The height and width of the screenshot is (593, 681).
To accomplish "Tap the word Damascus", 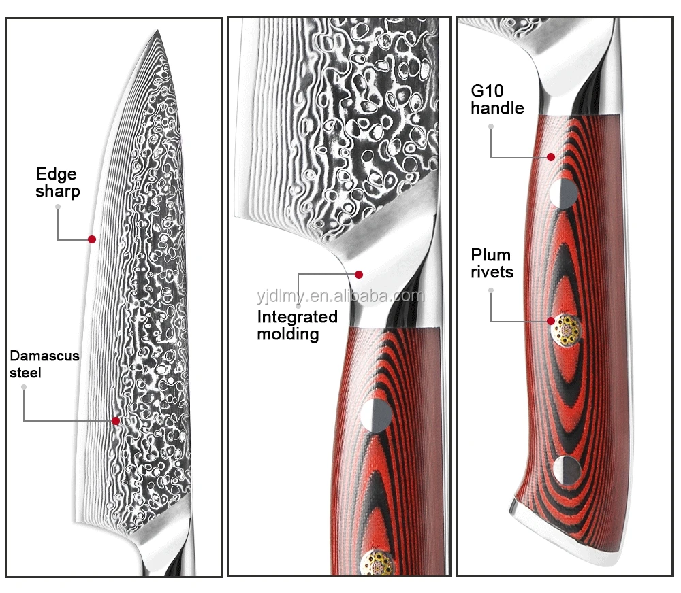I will tap(45, 356).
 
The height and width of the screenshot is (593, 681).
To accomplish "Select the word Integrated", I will tap(297, 316).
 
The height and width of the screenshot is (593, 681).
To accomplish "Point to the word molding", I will tap(288, 334).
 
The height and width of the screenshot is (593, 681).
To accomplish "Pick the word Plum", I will tap(490, 255).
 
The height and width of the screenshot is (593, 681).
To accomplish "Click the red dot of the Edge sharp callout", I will tap(91, 239).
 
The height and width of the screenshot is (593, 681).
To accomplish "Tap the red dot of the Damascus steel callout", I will tap(116, 421).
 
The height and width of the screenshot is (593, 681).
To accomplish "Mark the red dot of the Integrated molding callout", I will tap(359, 275).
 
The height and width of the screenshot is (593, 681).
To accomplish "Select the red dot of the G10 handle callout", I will tap(550, 157).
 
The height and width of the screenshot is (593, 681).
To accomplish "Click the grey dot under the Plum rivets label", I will tap(490, 290).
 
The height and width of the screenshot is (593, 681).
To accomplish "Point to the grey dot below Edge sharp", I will tap(58, 207).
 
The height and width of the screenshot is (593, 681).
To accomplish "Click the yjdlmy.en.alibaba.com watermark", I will tap(340, 296).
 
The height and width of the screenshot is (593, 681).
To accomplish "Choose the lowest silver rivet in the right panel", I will tap(567, 469).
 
